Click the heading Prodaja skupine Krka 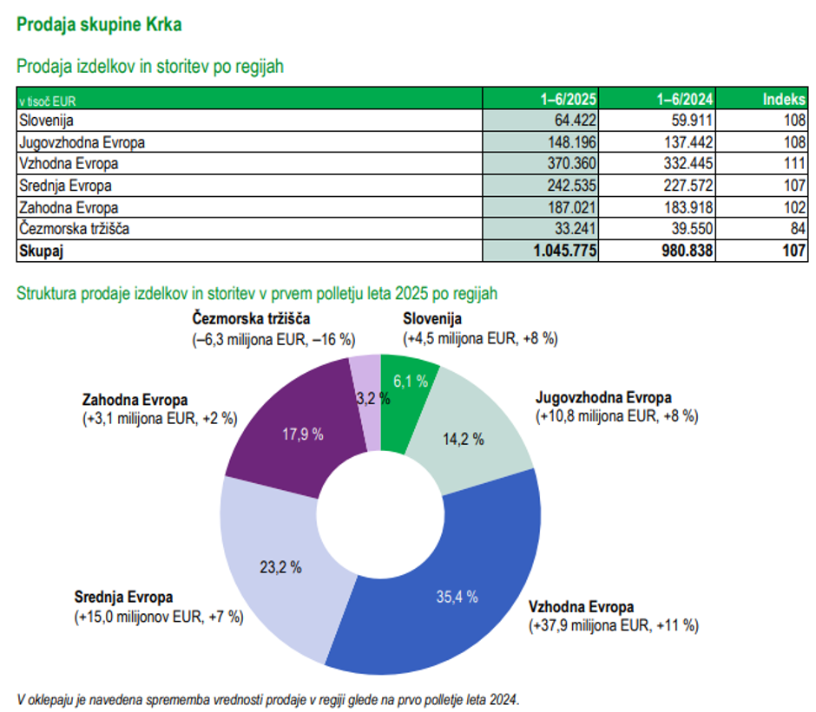tap(99, 24)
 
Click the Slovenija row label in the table tap(49, 120)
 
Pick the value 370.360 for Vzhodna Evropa tap(569, 163)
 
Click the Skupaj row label tap(42, 251)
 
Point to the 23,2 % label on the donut tap(281, 568)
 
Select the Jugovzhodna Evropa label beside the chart tap(603, 398)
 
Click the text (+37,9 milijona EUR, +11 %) tap(614, 624)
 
